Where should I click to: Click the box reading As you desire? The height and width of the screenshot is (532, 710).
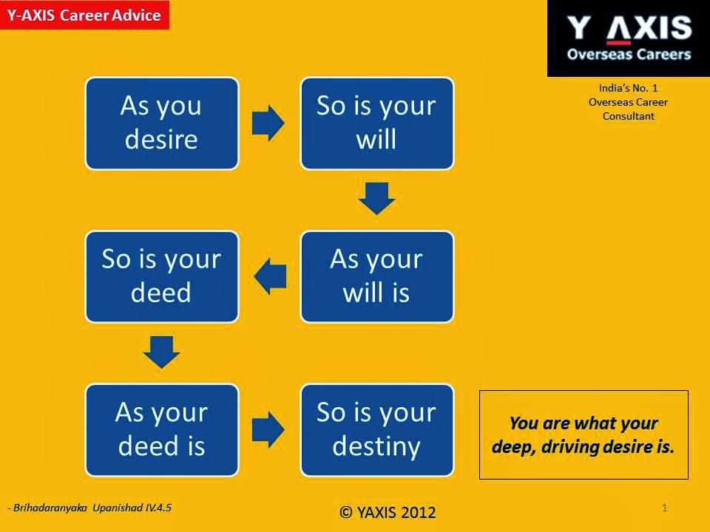coord(162,123)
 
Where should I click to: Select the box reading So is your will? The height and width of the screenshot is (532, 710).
coord(376,123)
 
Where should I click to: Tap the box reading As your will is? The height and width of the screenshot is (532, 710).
coord(376,276)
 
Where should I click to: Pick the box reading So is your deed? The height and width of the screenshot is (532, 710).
coord(162,276)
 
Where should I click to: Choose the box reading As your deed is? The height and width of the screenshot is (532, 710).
coord(162,430)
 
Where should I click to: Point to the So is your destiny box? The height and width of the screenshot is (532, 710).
coord(376,430)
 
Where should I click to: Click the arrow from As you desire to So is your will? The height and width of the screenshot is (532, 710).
coord(268,123)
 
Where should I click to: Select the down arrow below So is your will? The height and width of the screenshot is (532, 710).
coord(376,198)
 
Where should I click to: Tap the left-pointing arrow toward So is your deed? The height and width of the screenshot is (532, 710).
coord(271,276)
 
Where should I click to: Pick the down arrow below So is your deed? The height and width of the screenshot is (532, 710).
coord(161,352)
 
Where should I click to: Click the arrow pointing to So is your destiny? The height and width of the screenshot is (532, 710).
coord(268,430)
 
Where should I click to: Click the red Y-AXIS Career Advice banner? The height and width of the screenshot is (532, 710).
coord(84,15)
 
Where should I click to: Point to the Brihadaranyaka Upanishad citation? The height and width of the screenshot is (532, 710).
coord(89,508)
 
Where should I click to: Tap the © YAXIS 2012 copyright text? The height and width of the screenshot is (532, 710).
coord(388,512)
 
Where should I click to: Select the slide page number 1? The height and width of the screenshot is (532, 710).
coord(665,508)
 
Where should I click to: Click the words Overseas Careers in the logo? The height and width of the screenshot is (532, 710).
coord(629,54)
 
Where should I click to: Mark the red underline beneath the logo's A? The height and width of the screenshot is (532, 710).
coord(618,43)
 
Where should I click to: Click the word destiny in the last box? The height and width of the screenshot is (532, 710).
coord(376,446)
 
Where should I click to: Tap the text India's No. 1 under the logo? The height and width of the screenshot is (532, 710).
coord(629,88)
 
